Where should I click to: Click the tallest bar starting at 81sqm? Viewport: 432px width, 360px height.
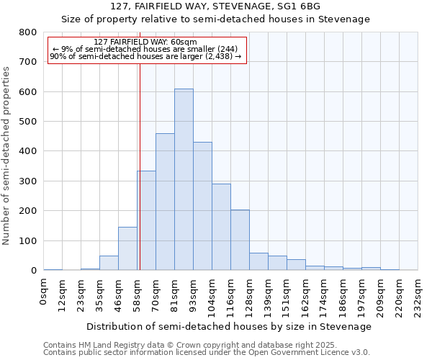(184, 179)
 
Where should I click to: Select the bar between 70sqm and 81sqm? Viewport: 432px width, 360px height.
(165, 202)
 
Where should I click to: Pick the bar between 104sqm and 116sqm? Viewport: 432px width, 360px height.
(221, 227)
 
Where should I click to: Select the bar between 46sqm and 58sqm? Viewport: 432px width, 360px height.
(127, 248)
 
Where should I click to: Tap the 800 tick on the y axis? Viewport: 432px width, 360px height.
(28, 32)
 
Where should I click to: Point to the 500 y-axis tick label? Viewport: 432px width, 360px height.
(28, 122)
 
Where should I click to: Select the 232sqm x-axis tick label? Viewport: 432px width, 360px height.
(418, 293)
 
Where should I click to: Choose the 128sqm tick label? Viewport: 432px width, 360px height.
(250, 293)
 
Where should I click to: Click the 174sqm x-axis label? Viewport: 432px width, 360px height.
(325, 293)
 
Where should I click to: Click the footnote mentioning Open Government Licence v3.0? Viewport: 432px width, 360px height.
(206, 352)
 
